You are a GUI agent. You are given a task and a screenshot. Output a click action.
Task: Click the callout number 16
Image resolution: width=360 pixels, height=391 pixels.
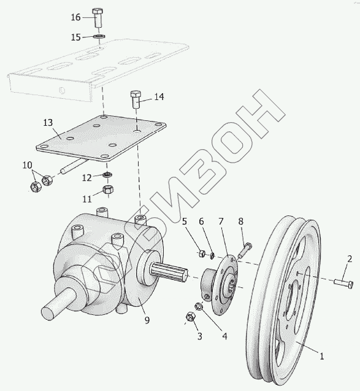[x=75, y=17]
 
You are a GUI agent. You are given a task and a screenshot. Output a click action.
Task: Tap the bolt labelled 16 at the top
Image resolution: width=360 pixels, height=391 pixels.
[x=98, y=18]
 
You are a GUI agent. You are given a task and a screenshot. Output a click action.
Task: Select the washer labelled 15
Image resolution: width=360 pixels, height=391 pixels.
[x=99, y=36]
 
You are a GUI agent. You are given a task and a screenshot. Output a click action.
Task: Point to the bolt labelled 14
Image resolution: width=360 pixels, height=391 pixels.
[x=136, y=99]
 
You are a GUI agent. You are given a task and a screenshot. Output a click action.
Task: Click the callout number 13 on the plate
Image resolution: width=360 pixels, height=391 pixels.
[x=48, y=123]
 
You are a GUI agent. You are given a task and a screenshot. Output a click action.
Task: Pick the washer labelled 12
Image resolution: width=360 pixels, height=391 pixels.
[x=107, y=174]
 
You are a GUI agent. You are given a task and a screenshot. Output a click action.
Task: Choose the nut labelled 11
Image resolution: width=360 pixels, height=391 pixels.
[x=107, y=190]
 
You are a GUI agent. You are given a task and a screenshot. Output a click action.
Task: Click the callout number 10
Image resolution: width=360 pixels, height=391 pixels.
[x=28, y=165]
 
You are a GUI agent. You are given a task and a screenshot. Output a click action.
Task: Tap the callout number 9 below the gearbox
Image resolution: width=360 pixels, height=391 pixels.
[x=147, y=320]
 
